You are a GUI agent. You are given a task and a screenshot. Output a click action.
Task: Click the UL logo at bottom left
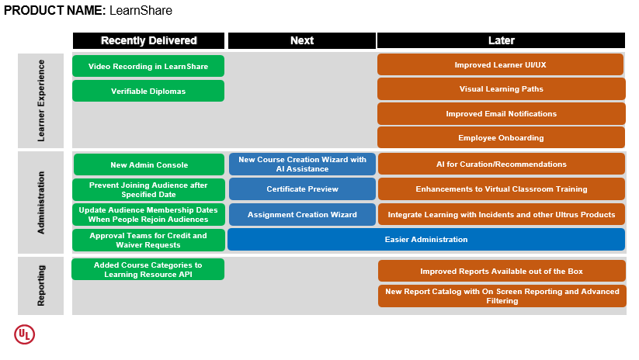pyautogui.click(x=25, y=334)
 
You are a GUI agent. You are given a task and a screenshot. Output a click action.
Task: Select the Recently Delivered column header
pyautogui.click(x=149, y=40)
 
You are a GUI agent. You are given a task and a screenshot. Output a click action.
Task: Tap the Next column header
pyautogui.click(x=302, y=40)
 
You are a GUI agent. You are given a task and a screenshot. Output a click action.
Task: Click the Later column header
pyautogui.click(x=502, y=40)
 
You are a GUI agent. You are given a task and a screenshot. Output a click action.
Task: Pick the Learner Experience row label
pyautogui.click(x=41, y=101)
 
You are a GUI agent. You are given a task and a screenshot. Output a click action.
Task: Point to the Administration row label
pyautogui.click(x=41, y=202)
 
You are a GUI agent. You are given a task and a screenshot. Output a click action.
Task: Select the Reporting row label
pyautogui.click(x=41, y=286)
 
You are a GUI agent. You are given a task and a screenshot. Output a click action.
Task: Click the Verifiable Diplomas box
pyautogui.click(x=148, y=91)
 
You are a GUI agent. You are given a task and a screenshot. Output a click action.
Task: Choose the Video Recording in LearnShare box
pyautogui.click(x=148, y=66)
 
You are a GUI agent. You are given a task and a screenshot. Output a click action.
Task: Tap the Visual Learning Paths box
pyautogui.click(x=501, y=88)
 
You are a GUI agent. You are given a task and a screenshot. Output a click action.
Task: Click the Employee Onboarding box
pyautogui.click(x=501, y=137)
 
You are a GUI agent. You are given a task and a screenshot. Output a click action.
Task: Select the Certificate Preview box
pyautogui.click(x=302, y=189)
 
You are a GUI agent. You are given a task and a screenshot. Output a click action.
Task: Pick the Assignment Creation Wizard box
pyautogui.click(x=302, y=214)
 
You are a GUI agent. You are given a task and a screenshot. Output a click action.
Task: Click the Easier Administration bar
pyautogui.click(x=426, y=239)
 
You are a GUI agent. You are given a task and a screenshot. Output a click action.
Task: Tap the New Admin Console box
pyautogui.click(x=148, y=164)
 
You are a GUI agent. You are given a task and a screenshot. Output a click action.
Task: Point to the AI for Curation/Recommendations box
pyautogui.click(x=501, y=164)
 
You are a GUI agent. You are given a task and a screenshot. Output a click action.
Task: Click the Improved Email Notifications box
pyautogui.click(x=501, y=113)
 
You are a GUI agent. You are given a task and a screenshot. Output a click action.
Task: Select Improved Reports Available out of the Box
pyautogui.click(x=501, y=271)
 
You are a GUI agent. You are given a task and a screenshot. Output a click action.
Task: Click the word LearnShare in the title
pyautogui.click(x=141, y=11)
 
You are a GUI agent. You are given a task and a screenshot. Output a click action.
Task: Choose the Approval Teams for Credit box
pyautogui.click(x=148, y=240)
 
